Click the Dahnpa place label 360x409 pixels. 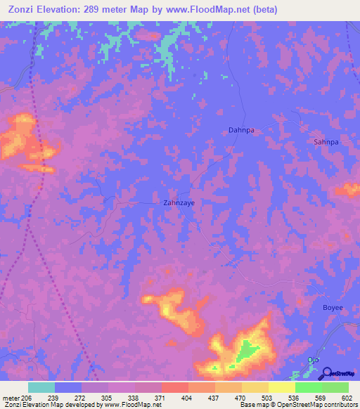point(240,130)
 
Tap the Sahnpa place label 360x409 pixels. point(326,142)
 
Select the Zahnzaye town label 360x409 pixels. point(179,202)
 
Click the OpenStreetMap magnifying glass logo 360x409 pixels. point(326,372)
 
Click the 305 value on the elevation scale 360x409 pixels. point(108,397)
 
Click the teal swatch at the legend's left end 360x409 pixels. point(41,387)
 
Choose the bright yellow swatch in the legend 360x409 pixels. point(281,387)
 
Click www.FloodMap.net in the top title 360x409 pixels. point(210,10)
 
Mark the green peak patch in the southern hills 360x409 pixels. point(245,349)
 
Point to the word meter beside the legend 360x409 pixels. point(10,397)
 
